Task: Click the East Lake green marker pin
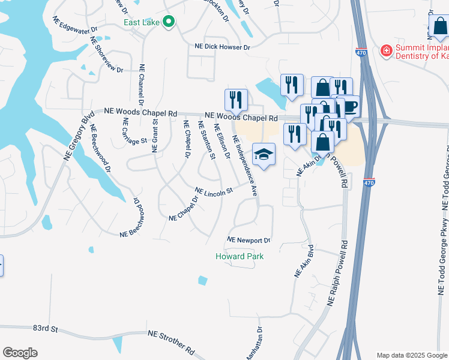coord(169,23)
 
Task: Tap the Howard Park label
coord(240,257)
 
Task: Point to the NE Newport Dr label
coord(249,241)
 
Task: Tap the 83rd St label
coord(45,329)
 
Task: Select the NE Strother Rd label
coord(171,341)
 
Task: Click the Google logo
coord(20,353)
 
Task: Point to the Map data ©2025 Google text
coord(412,355)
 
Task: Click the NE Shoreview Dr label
coord(106,55)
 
